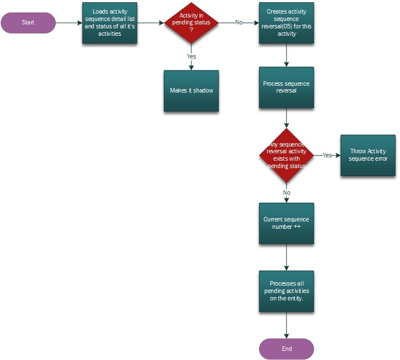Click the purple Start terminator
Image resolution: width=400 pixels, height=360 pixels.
[x=28, y=23]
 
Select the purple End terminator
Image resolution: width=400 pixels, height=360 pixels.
[x=286, y=349]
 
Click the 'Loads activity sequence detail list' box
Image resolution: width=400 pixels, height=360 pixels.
[x=110, y=23]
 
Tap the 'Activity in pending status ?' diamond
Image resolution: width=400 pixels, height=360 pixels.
[x=191, y=23]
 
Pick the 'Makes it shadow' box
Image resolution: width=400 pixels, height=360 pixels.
[x=191, y=91]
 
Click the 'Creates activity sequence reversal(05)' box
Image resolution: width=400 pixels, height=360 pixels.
[x=286, y=23]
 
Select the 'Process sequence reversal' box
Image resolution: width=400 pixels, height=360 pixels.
[x=286, y=87]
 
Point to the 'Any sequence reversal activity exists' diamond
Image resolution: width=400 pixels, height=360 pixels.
[x=286, y=155]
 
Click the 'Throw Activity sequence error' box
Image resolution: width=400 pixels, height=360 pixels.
[x=368, y=155]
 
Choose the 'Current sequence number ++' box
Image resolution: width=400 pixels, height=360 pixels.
[x=286, y=223]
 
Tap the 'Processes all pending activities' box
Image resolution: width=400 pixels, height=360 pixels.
[x=286, y=291]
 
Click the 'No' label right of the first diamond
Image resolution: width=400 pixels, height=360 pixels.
[x=239, y=23]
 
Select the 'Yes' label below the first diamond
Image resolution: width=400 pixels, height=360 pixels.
[x=191, y=56]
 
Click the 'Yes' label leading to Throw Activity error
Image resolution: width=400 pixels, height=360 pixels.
[x=327, y=155]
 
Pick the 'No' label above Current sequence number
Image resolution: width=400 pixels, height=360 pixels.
[x=286, y=192]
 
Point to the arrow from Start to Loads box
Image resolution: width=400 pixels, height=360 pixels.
[x=69, y=23]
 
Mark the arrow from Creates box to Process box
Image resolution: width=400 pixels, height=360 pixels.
[x=286, y=55]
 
